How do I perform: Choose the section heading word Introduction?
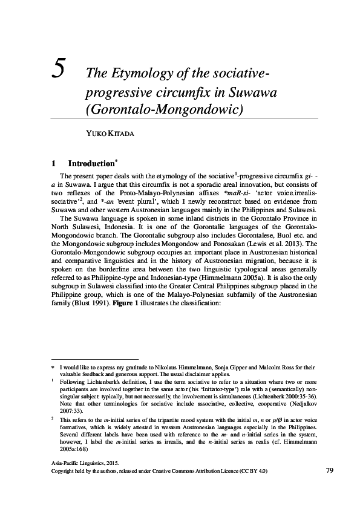pyautogui.click(x=91, y=163)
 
